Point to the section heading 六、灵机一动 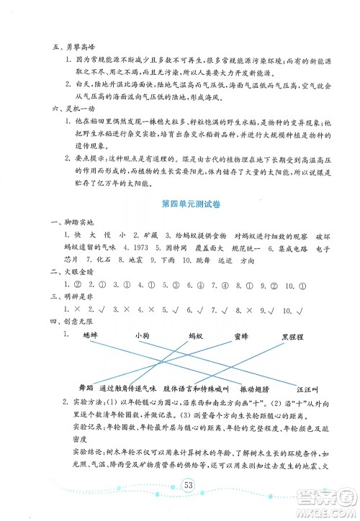click(x=66, y=107)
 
